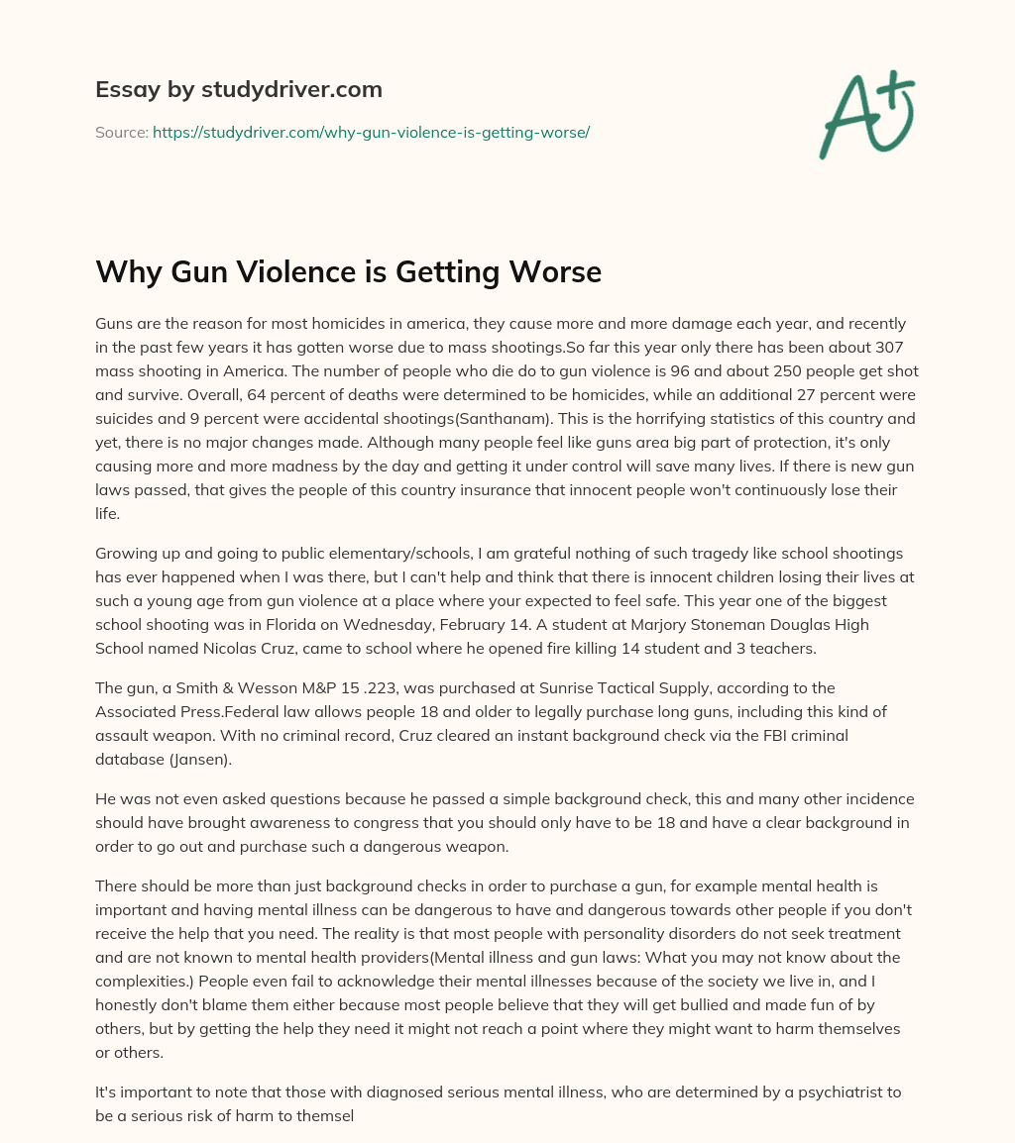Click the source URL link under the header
point(371,132)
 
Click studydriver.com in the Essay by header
point(292,89)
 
